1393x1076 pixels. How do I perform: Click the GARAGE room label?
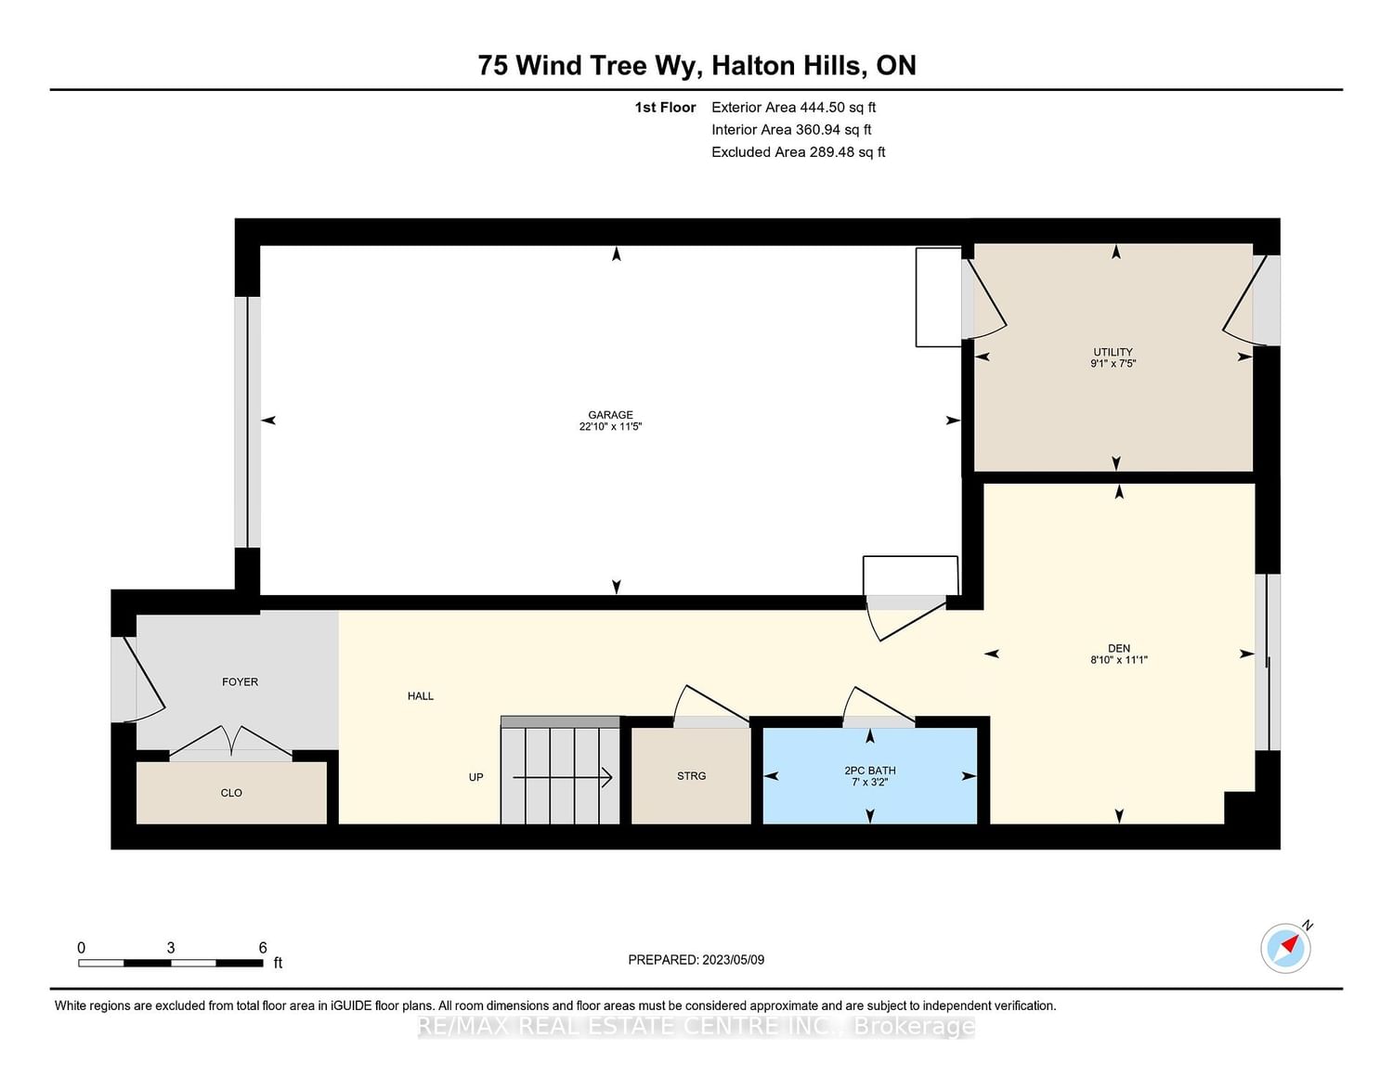click(610, 415)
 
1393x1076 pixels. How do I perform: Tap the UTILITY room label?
click(1113, 352)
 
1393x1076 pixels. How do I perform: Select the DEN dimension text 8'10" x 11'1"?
click(1119, 659)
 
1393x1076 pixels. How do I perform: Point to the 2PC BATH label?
click(870, 771)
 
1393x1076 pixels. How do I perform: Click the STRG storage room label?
click(691, 775)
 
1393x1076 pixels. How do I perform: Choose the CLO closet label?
click(231, 793)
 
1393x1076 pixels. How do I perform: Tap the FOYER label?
click(240, 681)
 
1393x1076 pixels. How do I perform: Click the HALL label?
click(421, 696)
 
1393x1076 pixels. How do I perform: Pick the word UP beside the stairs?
click(475, 777)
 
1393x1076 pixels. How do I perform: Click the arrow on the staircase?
click(562, 778)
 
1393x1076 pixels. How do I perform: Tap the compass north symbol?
click(1286, 948)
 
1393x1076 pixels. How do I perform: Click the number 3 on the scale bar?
click(171, 948)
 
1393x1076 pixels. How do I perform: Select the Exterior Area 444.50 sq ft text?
click(794, 107)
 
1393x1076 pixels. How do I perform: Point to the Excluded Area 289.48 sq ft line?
click(798, 152)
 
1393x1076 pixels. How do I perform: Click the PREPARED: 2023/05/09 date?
click(696, 960)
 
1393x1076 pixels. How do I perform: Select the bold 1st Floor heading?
click(665, 107)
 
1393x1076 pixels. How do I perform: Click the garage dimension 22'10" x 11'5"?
click(610, 426)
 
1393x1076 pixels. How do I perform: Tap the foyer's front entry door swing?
click(145, 680)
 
